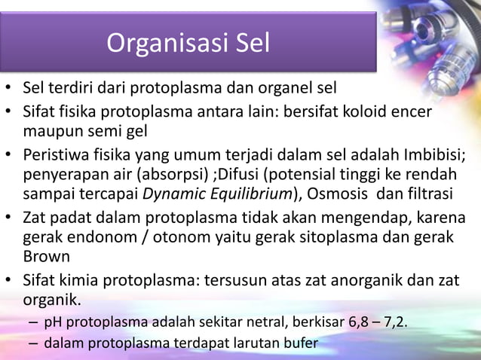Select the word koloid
366,112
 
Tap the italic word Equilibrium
247,194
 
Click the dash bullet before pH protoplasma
34,325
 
